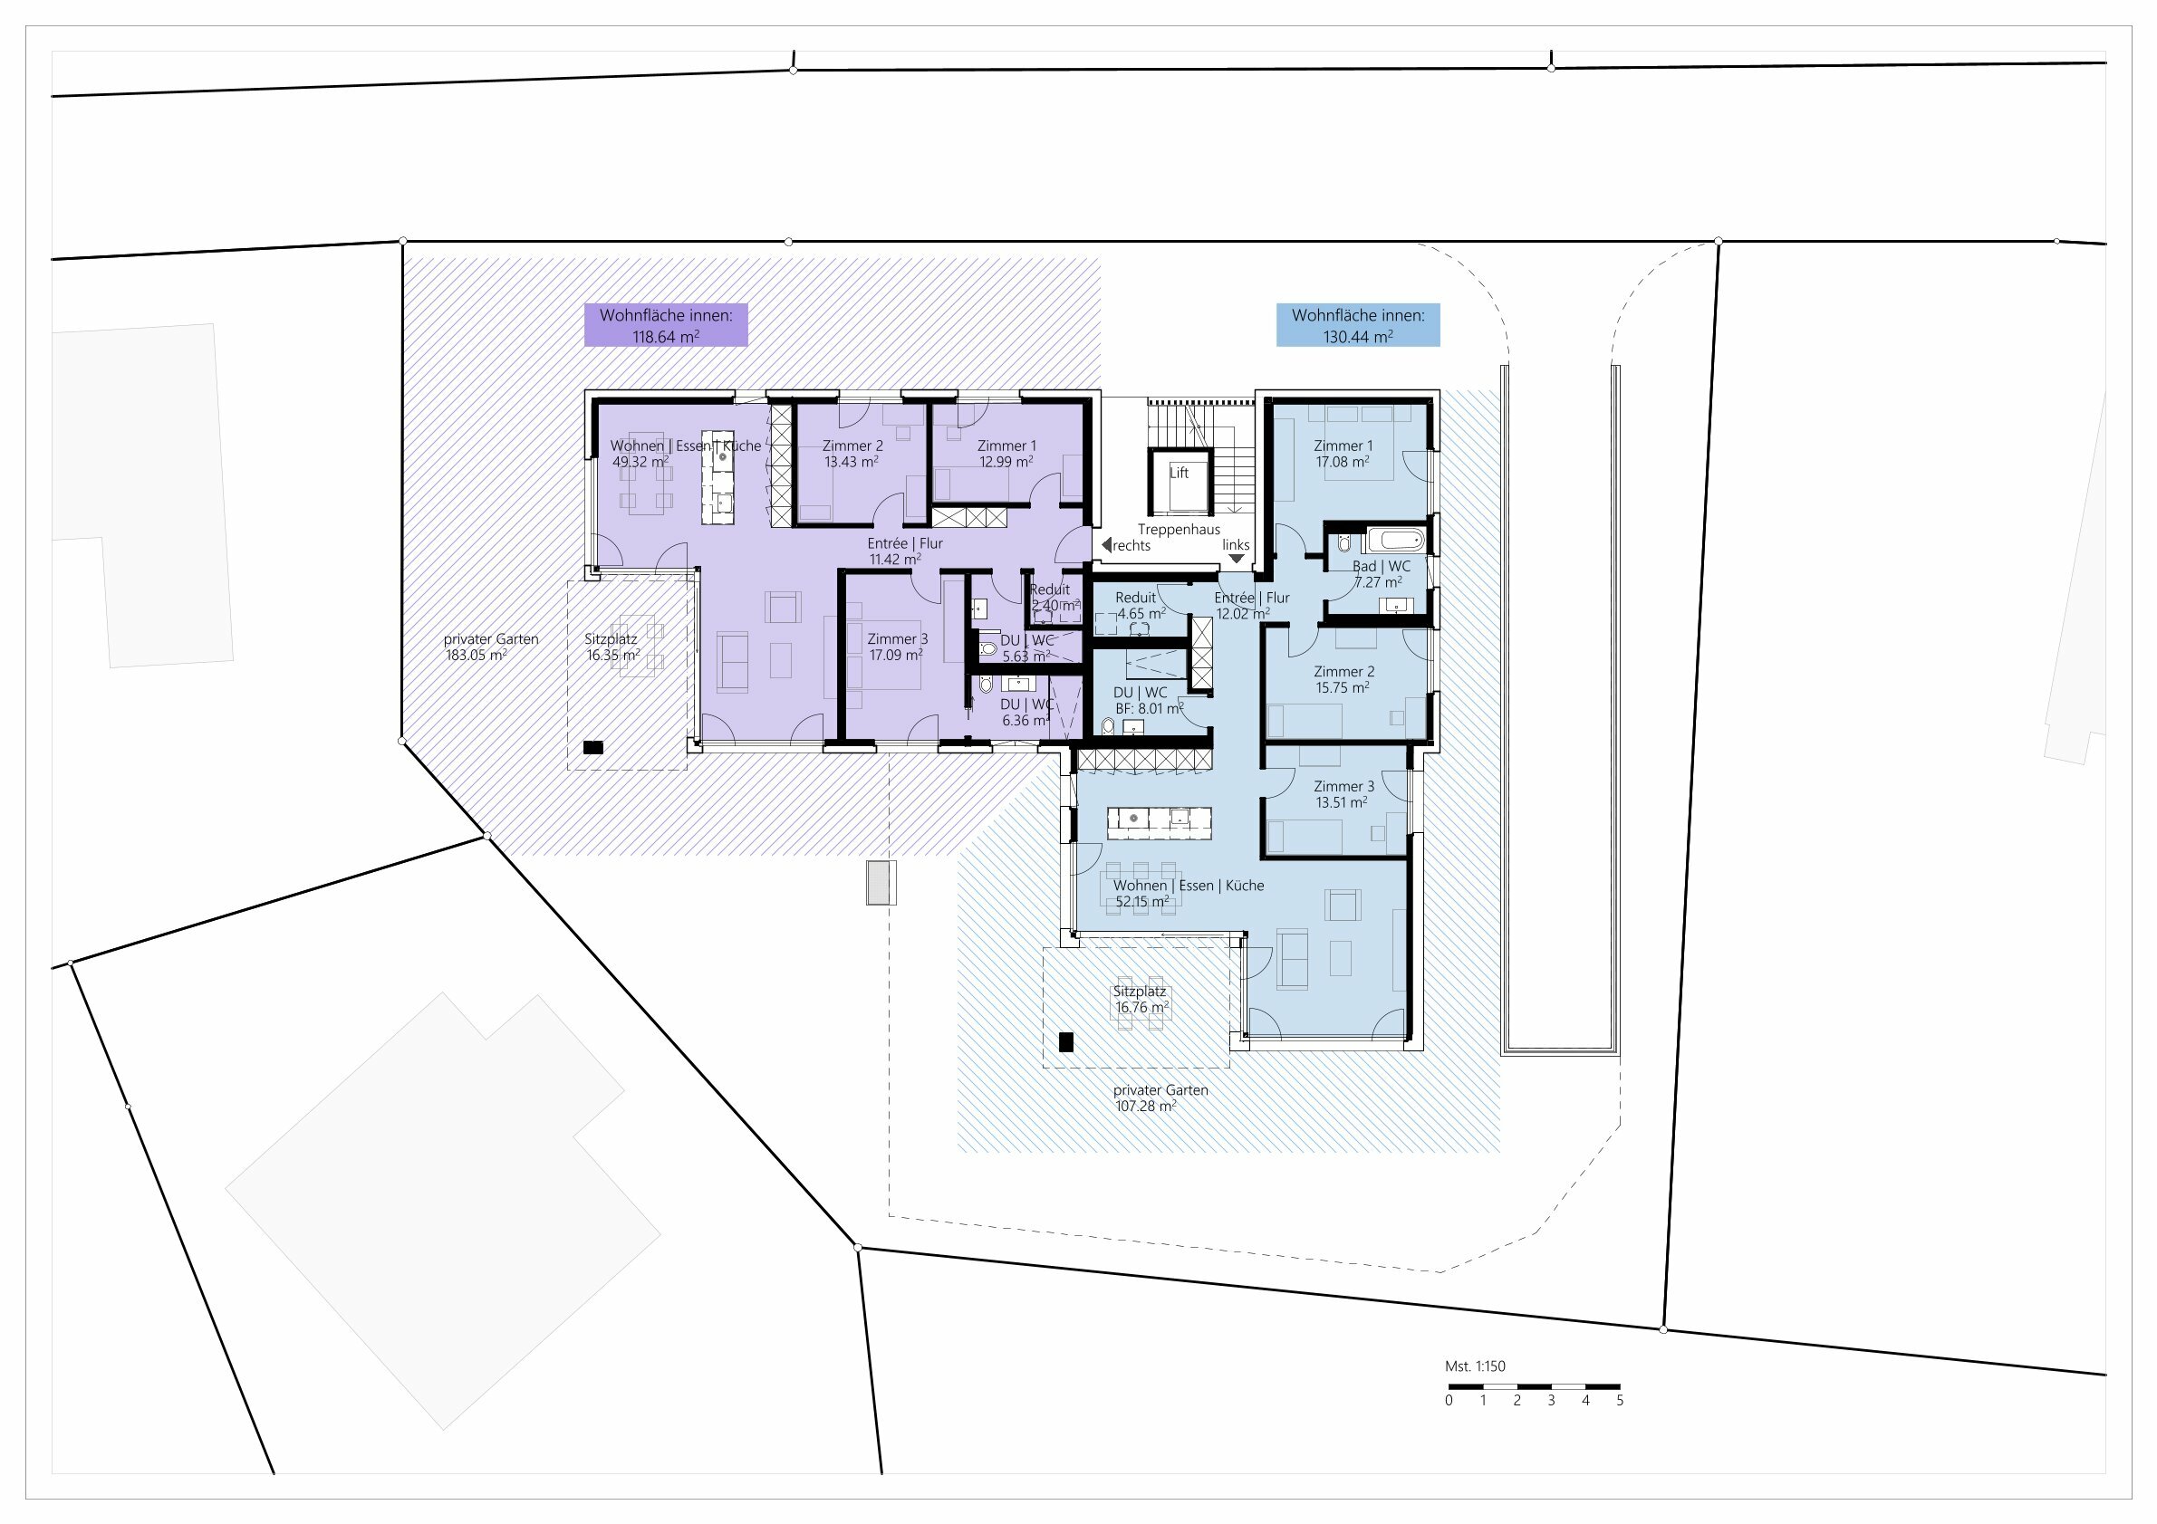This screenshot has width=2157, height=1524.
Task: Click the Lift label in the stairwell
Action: [x=1178, y=473]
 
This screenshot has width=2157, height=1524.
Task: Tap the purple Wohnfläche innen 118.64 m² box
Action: [x=666, y=326]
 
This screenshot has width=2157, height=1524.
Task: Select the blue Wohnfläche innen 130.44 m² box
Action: [x=1357, y=326]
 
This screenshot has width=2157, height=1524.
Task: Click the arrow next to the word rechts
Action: [x=1107, y=544]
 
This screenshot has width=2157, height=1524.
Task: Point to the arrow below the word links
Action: [x=1237, y=559]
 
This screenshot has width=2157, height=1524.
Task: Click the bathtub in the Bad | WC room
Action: [x=1395, y=541]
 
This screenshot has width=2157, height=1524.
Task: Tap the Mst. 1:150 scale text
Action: [x=1474, y=1366]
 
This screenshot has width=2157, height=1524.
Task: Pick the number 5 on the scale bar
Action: [x=1620, y=1400]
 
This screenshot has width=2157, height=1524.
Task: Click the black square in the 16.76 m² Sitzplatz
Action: [x=1065, y=1042]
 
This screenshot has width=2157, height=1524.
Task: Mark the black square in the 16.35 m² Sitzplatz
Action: [x=592, y=747]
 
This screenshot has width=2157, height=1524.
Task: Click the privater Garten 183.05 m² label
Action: [x=490, y=647]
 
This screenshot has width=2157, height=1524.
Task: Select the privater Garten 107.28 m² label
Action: [x=1160, y=1097]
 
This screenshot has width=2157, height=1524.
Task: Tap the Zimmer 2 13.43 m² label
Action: [x=852, y=454]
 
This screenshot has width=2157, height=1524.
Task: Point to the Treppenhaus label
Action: [x=1178, y=530]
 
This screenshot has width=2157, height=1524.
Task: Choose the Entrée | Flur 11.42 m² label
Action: [x=904, y=551]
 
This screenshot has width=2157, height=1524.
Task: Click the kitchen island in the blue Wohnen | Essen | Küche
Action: [x=1160, y=823]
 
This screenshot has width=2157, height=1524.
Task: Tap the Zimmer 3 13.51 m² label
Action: [x=1343, y=794]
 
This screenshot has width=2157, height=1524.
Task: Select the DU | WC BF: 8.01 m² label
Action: [x=1145, y=701]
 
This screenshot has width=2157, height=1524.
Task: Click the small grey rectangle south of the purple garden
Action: [x=881, y=883]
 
